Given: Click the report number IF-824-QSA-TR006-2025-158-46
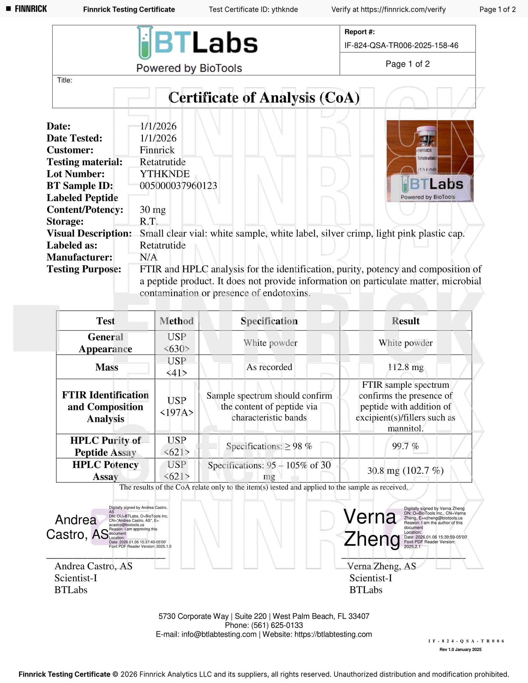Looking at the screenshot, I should (x=401, y=46).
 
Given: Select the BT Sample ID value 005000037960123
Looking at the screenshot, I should (x=178, y=186).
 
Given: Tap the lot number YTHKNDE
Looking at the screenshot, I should (x=165, y=174).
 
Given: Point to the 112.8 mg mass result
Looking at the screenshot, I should (x=406, y=367).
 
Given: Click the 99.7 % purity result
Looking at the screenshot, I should (x=406, y=446).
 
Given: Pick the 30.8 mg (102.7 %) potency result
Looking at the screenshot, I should (x=406, y=471).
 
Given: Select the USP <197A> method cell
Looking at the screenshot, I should (x=177, y=406).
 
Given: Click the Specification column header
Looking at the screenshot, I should (x=269, y=321).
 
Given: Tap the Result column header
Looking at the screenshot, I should (x=406, y=321).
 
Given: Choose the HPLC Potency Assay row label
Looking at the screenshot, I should (x=105, y=471).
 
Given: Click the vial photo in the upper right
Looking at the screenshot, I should (x=430, y=161).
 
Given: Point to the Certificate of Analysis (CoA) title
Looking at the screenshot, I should (x=264, y=98).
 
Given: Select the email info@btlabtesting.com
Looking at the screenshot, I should (x=219, y=634).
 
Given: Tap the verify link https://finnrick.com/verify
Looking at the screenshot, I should (x=403, y=10).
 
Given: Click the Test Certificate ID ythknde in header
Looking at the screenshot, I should (x=285, y=10).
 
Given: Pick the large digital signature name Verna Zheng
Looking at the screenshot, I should (x=371, y=528).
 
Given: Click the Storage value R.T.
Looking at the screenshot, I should (x=148, y=221).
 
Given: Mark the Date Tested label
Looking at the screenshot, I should (x=74, y=138).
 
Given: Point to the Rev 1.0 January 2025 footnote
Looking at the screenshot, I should (x=460, y=649).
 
